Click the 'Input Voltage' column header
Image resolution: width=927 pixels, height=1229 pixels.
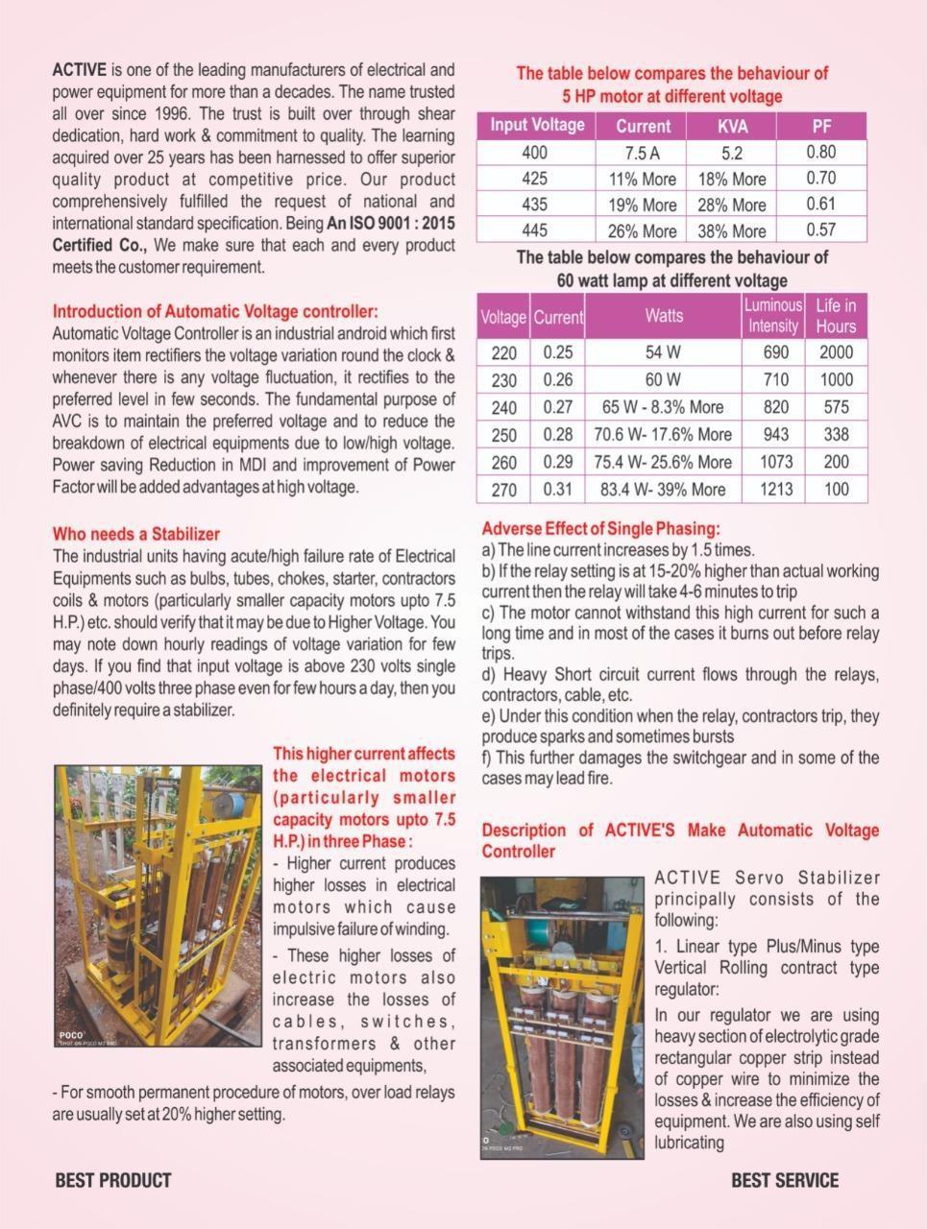pos(536,125)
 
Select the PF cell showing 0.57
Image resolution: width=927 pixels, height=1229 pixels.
pos(821,229)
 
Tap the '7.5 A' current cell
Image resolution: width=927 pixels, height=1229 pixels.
pos(642,153)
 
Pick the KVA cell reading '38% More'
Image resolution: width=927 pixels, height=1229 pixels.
pos(731,230)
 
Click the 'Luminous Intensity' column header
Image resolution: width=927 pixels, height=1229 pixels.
pos(772,316)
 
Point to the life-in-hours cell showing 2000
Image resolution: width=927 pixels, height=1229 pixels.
pos(836,352)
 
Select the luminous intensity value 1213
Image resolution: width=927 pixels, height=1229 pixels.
pos(775,489)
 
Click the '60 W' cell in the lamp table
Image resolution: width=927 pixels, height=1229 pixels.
pos(663,379)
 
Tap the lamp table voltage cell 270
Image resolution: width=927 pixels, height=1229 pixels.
pos(503,490)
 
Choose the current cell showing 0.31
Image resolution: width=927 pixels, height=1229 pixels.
pos(557,489)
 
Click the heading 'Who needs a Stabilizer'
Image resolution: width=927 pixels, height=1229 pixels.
pos(135,534)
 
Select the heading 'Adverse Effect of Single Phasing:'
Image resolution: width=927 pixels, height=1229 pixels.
pos(600,528)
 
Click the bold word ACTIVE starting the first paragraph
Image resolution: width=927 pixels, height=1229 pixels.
pos(80,70)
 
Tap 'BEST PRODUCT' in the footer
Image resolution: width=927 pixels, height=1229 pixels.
pos(112,1180)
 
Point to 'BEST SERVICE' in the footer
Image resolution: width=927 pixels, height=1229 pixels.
pos(784,1180)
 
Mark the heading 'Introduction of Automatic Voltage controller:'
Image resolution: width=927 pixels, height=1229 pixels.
pos(215,311)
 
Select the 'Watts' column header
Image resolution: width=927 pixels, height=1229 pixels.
pos(663,316)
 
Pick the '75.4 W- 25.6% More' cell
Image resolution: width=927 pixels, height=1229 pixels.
pos(663,462)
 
